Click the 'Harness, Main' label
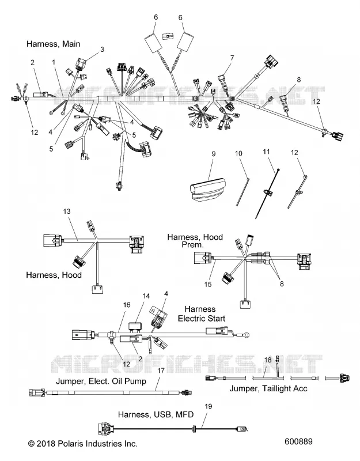click(53, 44)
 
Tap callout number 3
click(102, 50)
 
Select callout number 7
click(232, 58)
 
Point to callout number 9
click(214, 154)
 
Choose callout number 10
click(238, 153)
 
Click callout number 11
click(266, 152)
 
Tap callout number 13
click(67, 211)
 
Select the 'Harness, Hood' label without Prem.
click(54, 275)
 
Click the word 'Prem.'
click(192, 244)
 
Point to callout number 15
click(208, 284)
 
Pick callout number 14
click(146, 296)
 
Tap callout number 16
click(127, 305)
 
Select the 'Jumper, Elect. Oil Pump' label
click(101, 381)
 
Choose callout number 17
click(161, 371)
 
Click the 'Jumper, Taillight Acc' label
click(268, 388)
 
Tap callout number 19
click(209, 406)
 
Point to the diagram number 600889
click(298, 441)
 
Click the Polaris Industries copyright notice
click(82, 444)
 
